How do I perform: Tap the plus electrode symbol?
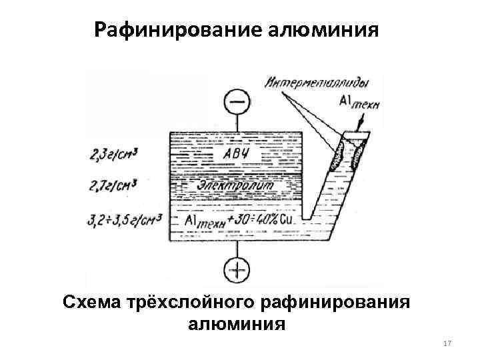point(236,271)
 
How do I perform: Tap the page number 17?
point(447,343)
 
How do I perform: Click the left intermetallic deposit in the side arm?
point(337,157)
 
